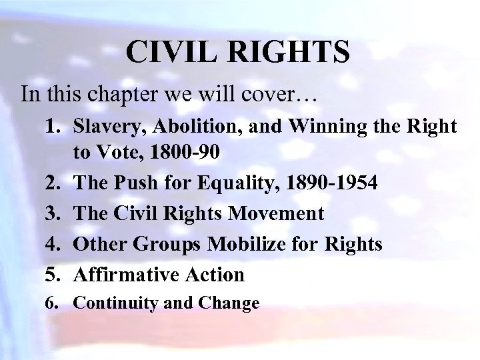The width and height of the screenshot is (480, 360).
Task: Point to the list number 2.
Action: coord(56,183)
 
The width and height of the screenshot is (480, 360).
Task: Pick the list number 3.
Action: coord(56,213)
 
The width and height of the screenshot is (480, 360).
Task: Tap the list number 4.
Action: coord(56,244)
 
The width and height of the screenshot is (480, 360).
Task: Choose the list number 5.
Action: coord(56,274)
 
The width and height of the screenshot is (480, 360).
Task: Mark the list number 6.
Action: coord(55,304)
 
